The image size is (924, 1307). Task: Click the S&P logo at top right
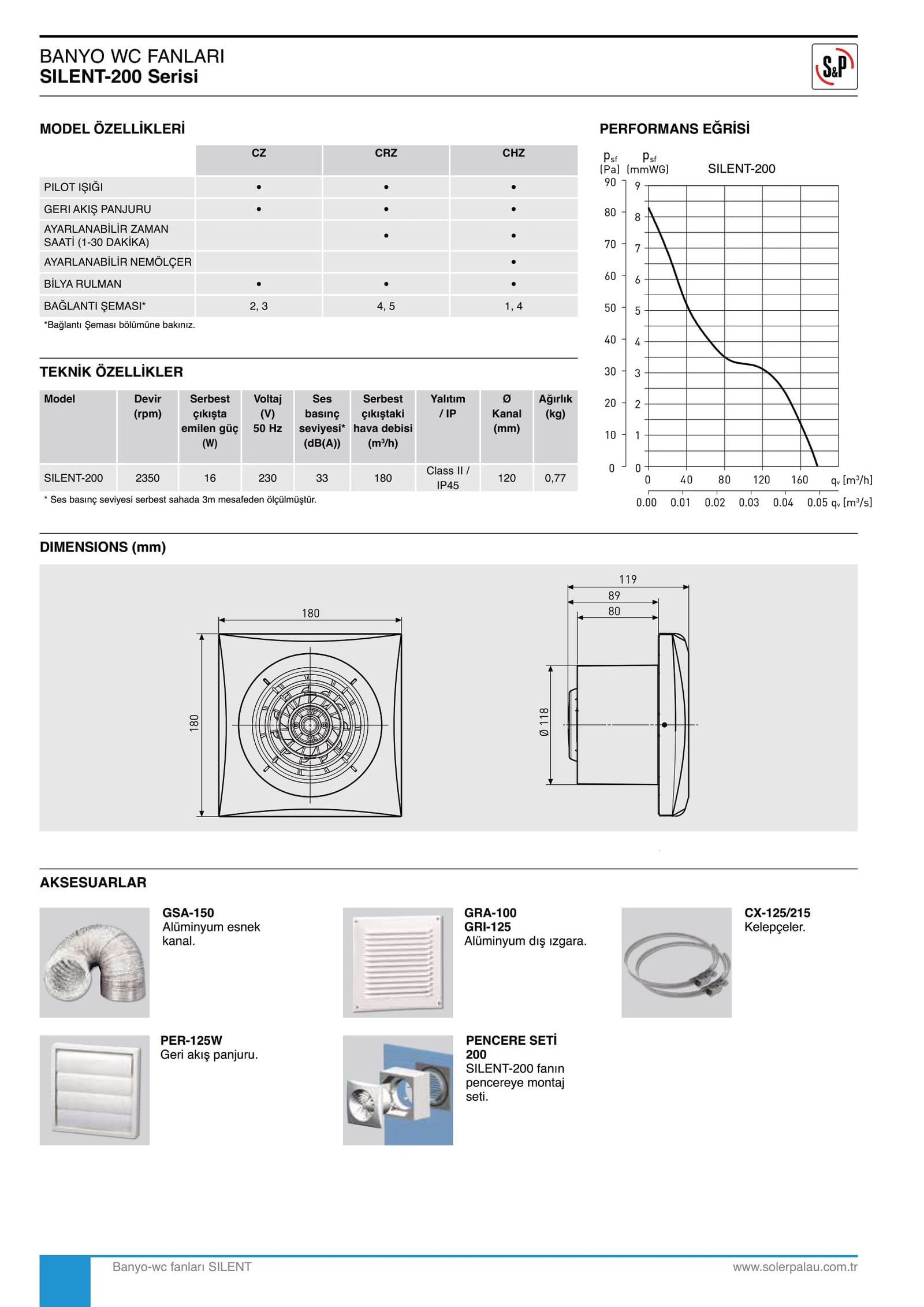(834, 66)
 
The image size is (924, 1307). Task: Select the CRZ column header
(386, 153)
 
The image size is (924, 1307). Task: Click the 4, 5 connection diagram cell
(386, 306)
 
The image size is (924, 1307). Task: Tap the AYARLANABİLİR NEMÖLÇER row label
(117, 262)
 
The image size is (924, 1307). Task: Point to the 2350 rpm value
(147, 478)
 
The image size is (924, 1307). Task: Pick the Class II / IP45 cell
(448, 478)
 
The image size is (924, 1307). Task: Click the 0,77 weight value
(555, 478)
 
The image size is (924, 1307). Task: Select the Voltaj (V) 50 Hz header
(267, 414)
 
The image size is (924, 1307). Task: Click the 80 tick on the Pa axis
(610, 213)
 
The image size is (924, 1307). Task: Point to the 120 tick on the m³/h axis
(761, 480)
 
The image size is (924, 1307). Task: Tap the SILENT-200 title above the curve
(742, 169)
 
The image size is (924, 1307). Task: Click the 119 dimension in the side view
(628, 579)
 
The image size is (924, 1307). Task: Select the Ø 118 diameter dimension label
(544, 722)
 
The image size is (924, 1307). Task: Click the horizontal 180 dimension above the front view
(311, 613)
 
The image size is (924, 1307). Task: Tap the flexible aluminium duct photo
(94, 963)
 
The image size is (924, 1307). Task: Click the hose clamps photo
(676, 963)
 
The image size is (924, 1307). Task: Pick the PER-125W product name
(191, 1041)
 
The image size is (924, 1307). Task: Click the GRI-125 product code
(487, 927)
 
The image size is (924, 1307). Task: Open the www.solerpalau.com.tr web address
(795, 1267)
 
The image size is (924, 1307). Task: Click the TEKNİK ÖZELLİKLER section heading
(111, 372)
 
